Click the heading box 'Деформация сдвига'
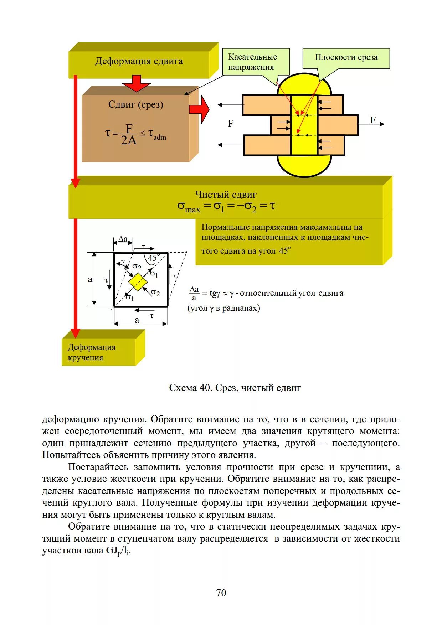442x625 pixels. pos(139,61)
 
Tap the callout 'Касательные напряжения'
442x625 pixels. pos(253,62)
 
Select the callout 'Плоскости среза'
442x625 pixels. pos(346,57)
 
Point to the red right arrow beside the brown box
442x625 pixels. pos(199,109)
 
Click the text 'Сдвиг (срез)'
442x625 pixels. pos(135,105)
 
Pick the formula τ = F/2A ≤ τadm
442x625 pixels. pos(135,135)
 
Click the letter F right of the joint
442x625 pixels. pos(373,120)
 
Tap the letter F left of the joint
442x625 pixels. pos(231,124)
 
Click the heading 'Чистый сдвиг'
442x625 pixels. pos(226,195)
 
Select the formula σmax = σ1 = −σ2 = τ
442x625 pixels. pos(226,206)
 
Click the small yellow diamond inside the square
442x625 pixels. pos(138,282)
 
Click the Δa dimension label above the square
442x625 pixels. pos(123,239)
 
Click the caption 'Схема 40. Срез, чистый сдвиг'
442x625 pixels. pos(235,388)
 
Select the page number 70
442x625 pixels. pos(221,593)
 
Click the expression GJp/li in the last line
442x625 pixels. pos(118,551)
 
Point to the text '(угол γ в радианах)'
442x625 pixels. pos(224,308)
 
